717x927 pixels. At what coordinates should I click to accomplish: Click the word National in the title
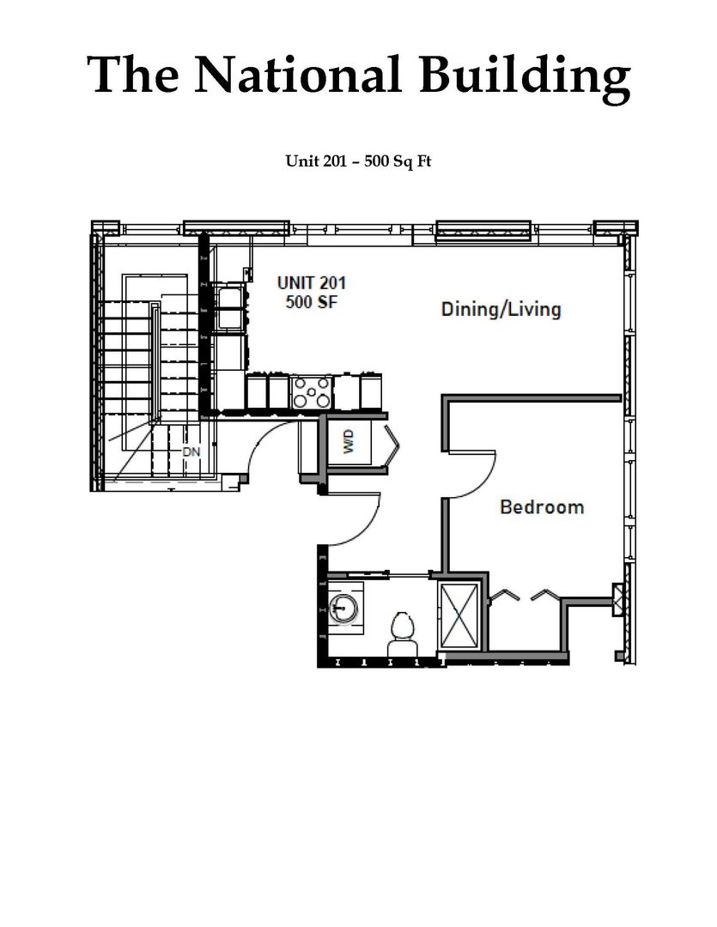298,75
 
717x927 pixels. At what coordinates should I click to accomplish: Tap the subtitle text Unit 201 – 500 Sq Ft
359,161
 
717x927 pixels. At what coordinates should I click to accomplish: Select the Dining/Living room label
501,309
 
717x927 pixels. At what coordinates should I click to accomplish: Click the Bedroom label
542,506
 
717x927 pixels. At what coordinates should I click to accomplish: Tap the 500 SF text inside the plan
312,301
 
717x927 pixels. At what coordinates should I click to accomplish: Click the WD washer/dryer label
349,442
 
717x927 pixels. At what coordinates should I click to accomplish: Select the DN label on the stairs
191,451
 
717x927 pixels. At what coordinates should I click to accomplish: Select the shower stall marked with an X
459,615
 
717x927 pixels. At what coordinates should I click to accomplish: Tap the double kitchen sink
228,307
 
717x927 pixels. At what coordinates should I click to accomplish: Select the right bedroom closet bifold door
545,594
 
